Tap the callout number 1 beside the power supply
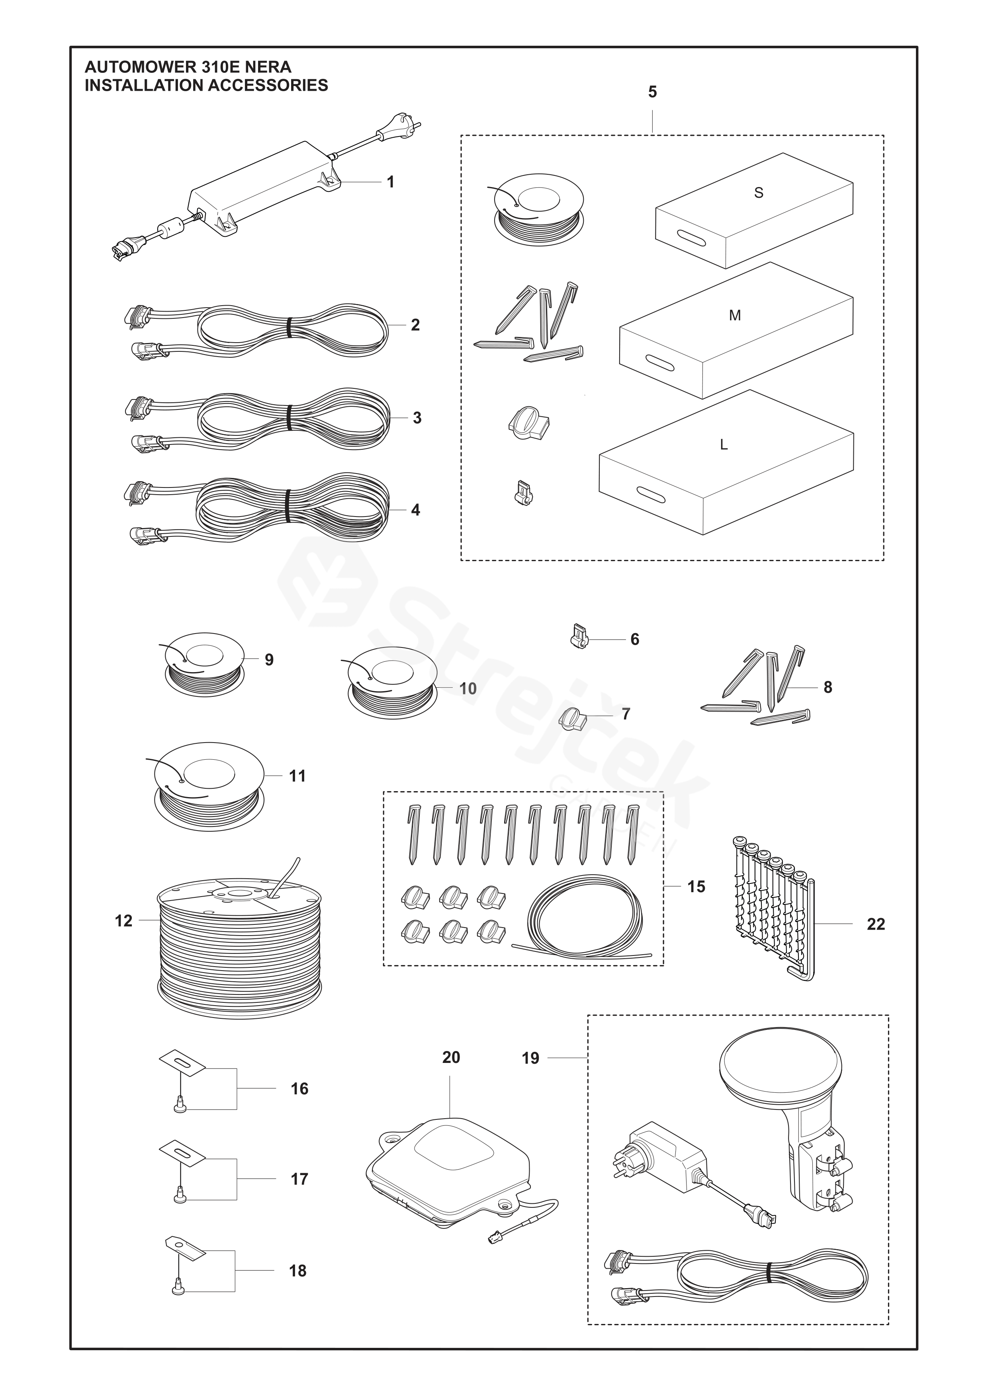[x=391, y=182]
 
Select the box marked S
[x=754, y=210]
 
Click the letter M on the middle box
[x=735, y=316]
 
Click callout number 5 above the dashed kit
[x=652, y=92]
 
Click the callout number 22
[x=875, y=924]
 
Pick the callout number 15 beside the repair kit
[x=696, y=887]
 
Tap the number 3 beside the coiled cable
[x=417, y=418]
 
